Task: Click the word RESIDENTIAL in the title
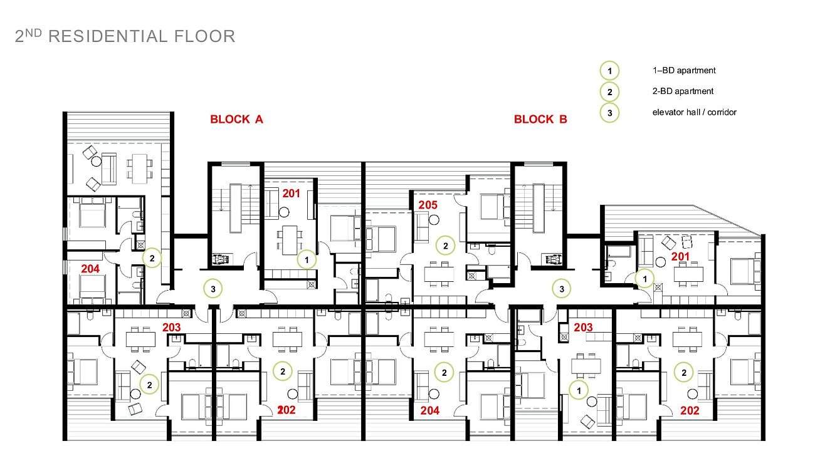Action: (108, 36)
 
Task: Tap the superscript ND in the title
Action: (33, 33)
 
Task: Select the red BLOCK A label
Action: (236, 119)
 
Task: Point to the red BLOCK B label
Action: (540, 119)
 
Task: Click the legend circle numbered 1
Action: (609, 71)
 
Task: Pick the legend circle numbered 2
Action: (609, 92)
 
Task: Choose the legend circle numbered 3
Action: (609, 113)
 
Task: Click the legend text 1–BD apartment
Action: (684, 70)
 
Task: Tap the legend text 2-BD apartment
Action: (683, 91)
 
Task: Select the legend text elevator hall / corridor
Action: (694, 112)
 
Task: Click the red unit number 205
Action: (428, 205)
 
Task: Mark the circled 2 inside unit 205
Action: (446, 246)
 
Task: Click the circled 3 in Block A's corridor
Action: (213, 289)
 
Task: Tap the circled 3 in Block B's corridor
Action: (562, 289)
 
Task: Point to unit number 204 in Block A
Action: (90, 269)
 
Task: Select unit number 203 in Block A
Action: (171, 327)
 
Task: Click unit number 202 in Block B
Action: (690, 410)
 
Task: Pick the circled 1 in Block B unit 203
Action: (579, 391)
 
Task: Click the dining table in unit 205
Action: (439, 274)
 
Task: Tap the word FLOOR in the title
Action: (204, 36)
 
